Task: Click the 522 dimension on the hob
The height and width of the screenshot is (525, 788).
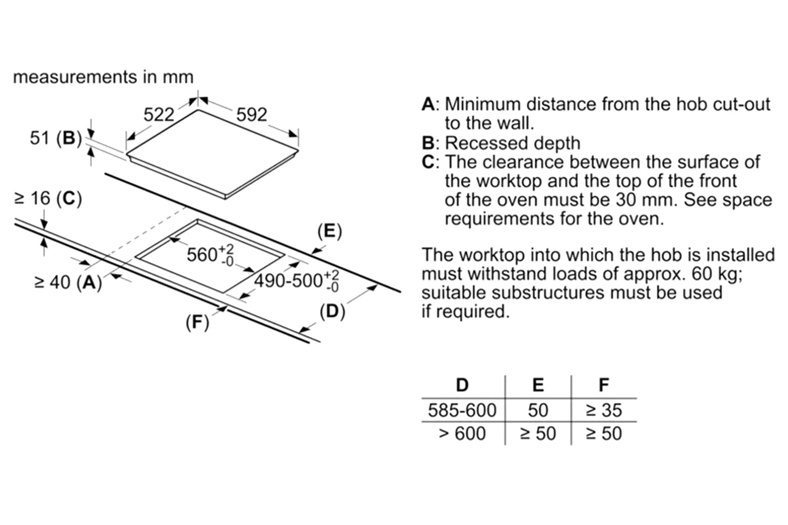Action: (158, 114)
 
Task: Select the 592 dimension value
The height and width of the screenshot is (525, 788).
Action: (252, 114)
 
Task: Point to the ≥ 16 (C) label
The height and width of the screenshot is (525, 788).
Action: (48, 198)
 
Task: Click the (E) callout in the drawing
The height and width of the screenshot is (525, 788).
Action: (330, 231)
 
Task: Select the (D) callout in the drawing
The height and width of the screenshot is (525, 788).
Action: (333, 311)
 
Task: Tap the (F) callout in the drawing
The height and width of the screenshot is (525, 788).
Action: (198, 322)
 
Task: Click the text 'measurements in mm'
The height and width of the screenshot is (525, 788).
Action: (103, 77)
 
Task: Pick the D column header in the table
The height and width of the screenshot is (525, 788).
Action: (462, 385)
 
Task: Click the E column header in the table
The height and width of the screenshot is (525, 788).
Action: (538, 385)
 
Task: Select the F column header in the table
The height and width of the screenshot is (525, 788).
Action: (604, 385)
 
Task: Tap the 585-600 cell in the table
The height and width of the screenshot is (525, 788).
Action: (462, 410)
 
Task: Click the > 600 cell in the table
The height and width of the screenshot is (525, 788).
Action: (462, 434)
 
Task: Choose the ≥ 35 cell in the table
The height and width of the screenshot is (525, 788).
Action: (604, 410)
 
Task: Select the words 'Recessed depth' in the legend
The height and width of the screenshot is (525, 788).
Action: (513, 143)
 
